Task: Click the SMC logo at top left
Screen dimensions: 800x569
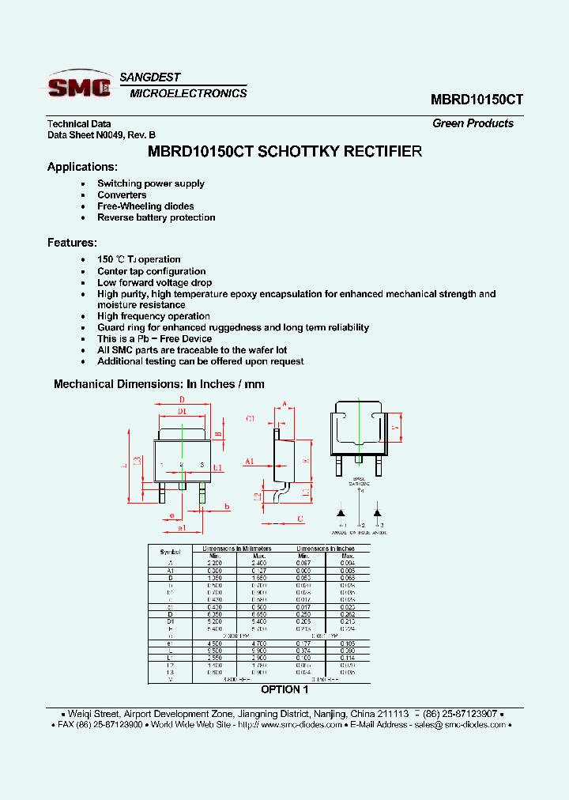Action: (x=79, y=86)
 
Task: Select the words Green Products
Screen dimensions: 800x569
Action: (x=473, y=123)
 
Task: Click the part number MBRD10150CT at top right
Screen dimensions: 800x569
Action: (x=477, y=100)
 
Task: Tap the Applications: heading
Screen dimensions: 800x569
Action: (x=82, y=167)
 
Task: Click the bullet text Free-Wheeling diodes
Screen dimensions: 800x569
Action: (x=145, y=206)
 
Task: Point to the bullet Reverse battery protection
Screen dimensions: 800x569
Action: (x=156, y=217)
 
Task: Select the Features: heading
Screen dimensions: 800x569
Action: (x=72, y=243)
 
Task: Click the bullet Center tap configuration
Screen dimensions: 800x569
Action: (x=151, y=271)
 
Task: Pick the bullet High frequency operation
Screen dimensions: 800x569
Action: (x=153, y=316)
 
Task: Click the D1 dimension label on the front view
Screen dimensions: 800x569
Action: (x=182, y=412)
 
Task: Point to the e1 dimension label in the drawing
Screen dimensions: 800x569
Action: (x=181, y=527)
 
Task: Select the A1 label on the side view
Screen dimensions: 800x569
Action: (x=249, y=461)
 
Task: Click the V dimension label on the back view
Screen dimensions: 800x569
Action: (x=394, y=427)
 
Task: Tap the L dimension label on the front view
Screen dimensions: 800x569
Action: (x=124, y=466)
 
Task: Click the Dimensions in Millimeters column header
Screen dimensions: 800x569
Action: (x=236, y=548)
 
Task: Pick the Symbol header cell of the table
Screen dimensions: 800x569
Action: (x=170, y=552)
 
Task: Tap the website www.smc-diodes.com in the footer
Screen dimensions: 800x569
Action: (x=301, y=724)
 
